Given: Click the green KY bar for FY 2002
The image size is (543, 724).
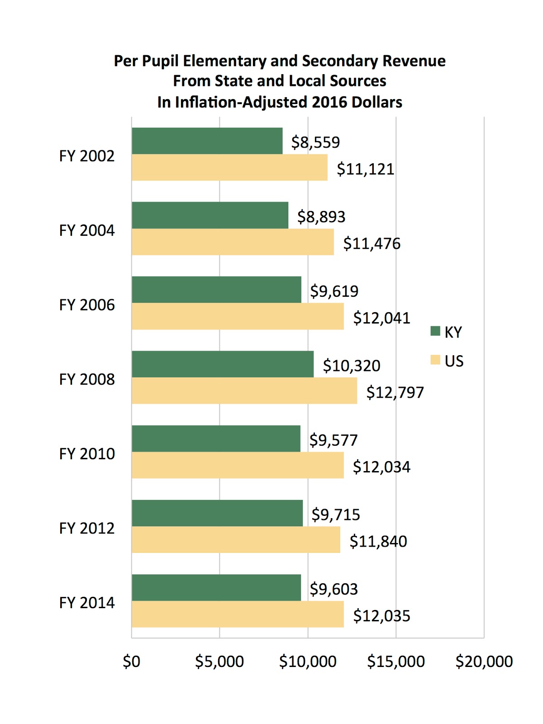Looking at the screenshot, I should pyautogui.click(x=207, y=141).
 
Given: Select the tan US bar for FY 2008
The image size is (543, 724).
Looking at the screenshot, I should pyautogui.click(x=244, y=391).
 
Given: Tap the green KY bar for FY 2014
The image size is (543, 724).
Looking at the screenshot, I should pyautogui.click(x=216, y=587).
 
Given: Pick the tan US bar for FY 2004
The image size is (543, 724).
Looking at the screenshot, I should pyautogui.click(x=233, y=242).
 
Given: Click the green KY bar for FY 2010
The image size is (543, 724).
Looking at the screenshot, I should pyautogui.click(x=216, y=438).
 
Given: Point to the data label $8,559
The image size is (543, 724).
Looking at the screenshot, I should pyautogui.click(x=315, y=142).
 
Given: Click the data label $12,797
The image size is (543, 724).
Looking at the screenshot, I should pyautogui.click(x=395, y=392).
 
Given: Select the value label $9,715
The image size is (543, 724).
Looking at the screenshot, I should pyautogui.click(x=336, y=514).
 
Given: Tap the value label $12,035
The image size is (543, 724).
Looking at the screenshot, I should pyautogui.click(x=381, y=616).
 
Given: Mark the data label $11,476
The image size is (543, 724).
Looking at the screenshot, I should pyautogui.click(x=372, y=243).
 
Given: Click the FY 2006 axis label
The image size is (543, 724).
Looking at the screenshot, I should pyautogui.click(x=87, y=305).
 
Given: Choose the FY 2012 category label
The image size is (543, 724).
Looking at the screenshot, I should pyautogui.click(x=87, y=528).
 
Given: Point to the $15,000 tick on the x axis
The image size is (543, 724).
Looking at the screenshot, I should pyautogui.click(x=396, y=662).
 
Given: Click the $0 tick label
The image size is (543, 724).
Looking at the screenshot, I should pyautogui.click(x=132, y=662).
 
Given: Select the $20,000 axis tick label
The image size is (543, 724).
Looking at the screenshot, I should pyautogui.click(x=484, y=662).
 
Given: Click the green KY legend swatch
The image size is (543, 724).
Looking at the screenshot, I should pyautogui.click(x=435, y=331).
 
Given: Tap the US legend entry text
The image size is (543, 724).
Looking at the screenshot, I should pyautogui.click(x=454, y=361).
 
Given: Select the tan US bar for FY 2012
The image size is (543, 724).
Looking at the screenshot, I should pyautogui.click(x=236, y=539).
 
